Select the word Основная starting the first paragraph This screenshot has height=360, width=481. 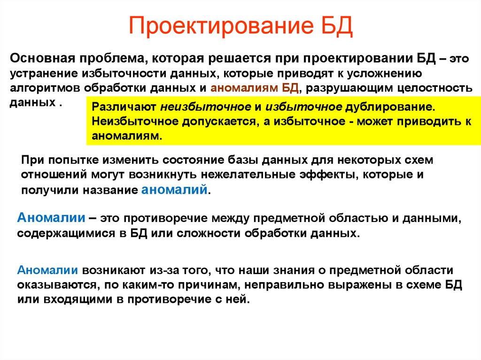pyautogui.click(x=41, y=60)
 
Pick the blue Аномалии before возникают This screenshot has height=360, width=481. pyautogui.click(x=48, y=270)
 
